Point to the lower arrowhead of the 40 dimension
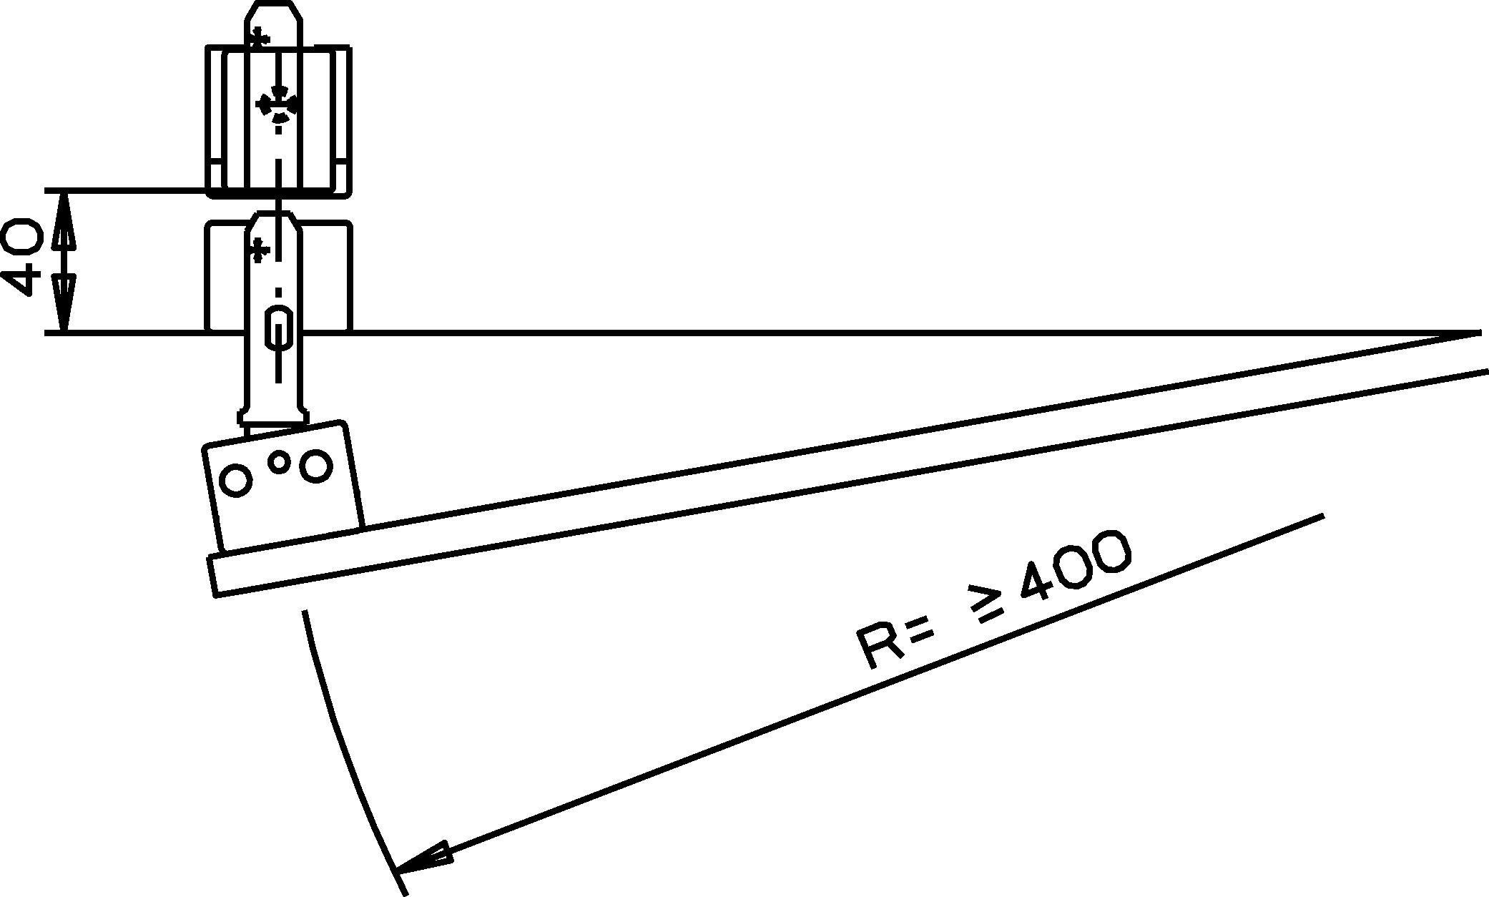(x=64, y=305)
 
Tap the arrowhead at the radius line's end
(x=423, y=858)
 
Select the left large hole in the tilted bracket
(x=236, y=480)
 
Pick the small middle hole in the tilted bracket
(x=280, y=462)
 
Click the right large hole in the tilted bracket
(x=315, y=465)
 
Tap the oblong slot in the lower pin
(x=278, y=328)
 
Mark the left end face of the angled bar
(x=213, y=575)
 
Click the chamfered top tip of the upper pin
(x=273, y=14)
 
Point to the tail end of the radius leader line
(x=1323, y=515)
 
